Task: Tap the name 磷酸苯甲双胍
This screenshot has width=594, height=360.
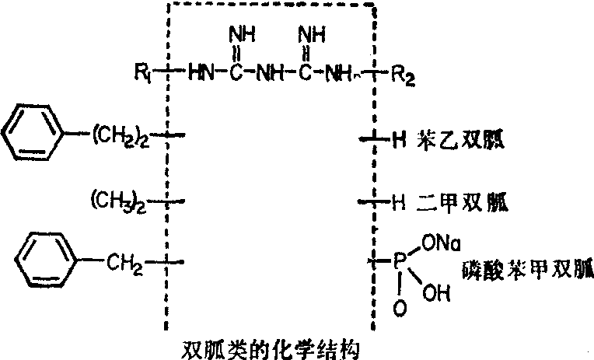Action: [525, 271]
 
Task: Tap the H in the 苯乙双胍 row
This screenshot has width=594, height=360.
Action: [399, 141]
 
